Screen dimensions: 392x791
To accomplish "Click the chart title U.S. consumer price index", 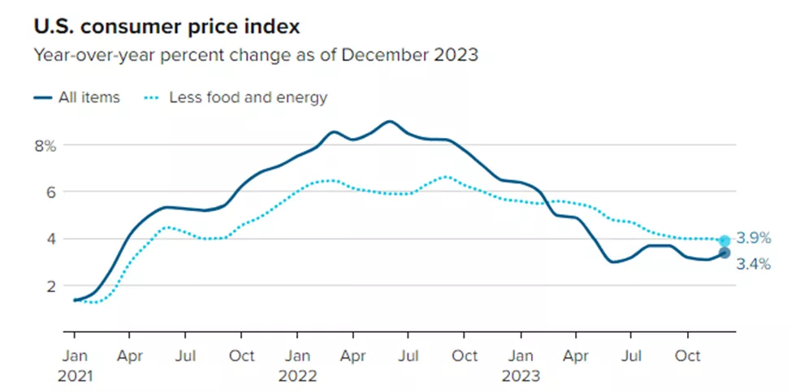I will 166,27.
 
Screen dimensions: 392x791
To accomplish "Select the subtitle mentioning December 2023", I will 257,56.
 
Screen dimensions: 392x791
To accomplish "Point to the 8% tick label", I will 45,146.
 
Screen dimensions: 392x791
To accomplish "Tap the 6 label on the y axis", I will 50,192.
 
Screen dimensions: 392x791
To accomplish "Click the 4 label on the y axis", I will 50,239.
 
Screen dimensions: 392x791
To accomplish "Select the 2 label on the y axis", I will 50,286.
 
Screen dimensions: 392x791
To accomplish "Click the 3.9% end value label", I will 753,239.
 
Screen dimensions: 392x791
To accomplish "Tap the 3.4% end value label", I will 753,264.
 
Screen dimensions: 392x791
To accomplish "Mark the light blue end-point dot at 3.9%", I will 724,240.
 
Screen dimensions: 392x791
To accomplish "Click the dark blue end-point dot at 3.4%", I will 724,252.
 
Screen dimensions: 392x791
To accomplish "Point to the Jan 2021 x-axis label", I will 75,364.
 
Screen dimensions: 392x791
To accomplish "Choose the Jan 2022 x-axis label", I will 297,364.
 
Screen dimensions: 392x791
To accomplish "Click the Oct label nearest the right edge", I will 688,355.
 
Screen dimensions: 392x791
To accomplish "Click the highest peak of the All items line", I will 390,122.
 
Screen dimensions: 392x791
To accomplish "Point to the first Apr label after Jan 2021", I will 130,355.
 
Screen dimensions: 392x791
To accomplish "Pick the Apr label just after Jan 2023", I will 576,355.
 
